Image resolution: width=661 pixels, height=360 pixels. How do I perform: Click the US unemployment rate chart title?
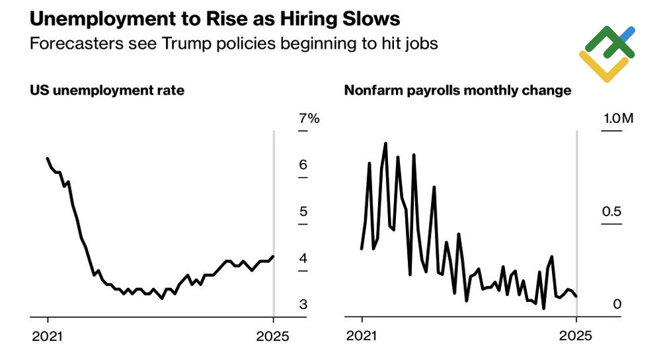[107, 90]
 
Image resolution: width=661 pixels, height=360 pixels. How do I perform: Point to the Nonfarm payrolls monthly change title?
[457, 90]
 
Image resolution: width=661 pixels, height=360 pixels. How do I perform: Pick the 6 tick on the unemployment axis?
[303, 165]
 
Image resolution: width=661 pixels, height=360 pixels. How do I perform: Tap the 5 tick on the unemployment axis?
[303, 212]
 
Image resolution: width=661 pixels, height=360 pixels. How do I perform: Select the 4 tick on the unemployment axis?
[303, 258]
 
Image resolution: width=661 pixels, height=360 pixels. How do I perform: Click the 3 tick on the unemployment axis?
[303, 305]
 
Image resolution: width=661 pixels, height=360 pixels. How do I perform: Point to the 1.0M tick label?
[617, 119]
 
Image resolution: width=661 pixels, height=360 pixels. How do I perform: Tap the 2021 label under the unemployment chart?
[48, 336]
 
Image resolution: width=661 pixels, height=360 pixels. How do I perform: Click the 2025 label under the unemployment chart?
[273, 336]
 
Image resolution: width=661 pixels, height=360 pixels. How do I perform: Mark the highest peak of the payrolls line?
[385, 143]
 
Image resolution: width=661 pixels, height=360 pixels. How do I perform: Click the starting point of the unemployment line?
[48, 159]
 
